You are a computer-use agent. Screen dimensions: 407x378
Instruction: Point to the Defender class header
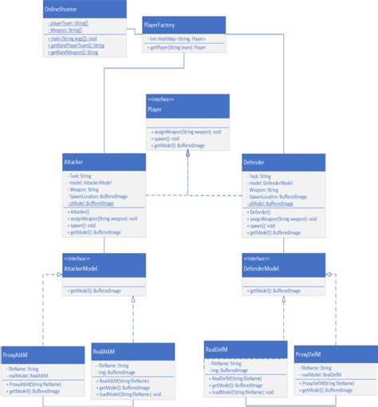(283, 162)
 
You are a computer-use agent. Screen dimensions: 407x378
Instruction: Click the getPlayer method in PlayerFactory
(177, 48)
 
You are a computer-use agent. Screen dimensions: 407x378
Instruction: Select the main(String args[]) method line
(73, 37)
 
